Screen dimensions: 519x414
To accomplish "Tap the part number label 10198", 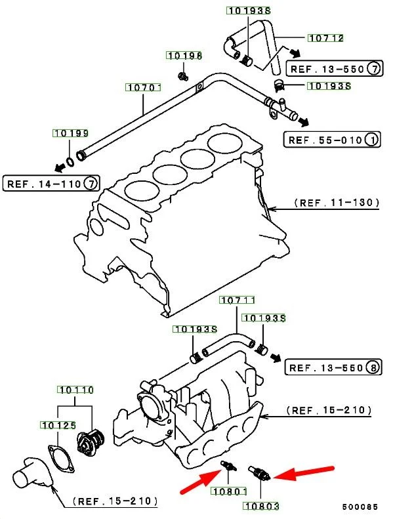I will tap(184, 56).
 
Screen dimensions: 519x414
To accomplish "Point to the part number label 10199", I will tap(70, 134).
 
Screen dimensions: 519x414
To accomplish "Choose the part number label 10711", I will tap(236, 301).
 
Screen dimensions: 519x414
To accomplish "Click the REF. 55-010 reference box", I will tap(333, 140).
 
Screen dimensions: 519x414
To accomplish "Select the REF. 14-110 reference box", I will tap(52, 183).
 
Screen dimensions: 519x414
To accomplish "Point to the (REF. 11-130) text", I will tap(336, 203).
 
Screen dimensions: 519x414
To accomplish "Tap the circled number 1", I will tap(372, 140).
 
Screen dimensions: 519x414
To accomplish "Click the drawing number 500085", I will tap(360, 507).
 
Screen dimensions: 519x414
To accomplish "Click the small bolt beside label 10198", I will tap(182, 78).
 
